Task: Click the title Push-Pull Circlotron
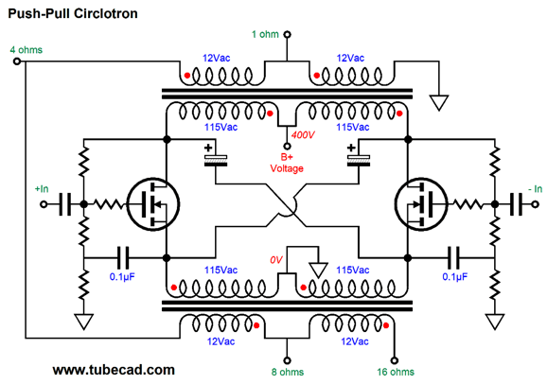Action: click(x=73, y=13)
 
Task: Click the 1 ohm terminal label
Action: click(x=265, y=34)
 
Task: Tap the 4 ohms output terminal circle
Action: click(x=16, y=61)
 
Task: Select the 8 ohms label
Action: click(x=288, y=372)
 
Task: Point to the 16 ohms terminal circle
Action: click(x=395, y=360)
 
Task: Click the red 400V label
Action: click(x=303, y=134)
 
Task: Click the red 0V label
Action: click(x=275, y=260)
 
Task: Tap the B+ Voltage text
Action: click(x=287, y=163)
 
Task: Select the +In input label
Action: click(x=42, y=189)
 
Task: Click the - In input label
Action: click(x=535, y=189)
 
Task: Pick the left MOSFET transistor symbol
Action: click(x=152, y=204)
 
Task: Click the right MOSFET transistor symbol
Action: click(x=421, y=204)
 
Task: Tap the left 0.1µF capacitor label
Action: click(x=122, y=277)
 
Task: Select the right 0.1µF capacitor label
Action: click(x=455, y=277)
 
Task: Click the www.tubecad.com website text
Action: click(x=114, y=370)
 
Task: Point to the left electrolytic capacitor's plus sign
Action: click(x=208, y=148)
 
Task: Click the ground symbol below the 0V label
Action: click(x=319, y=271)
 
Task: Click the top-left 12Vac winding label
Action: click(x=217, y=58)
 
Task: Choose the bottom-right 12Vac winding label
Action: click(x=355, y=341)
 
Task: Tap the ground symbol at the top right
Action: click(x=439, y=102)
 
